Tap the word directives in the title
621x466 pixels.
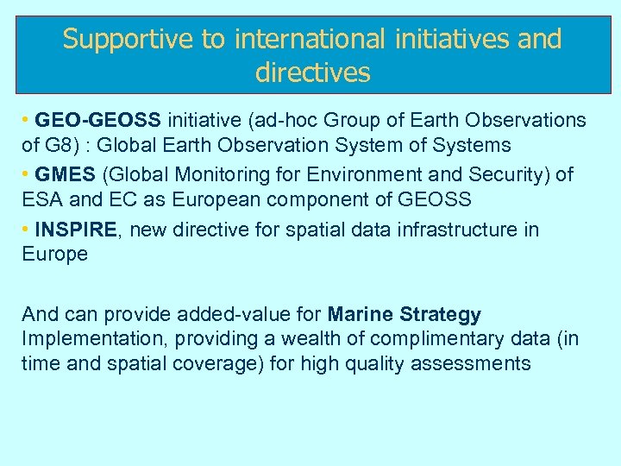pyautogui.click(x=312, y=72)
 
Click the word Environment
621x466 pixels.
pyautogui.click(x=378, y=175)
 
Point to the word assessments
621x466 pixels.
pyautogui.click(x=471, y=363)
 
